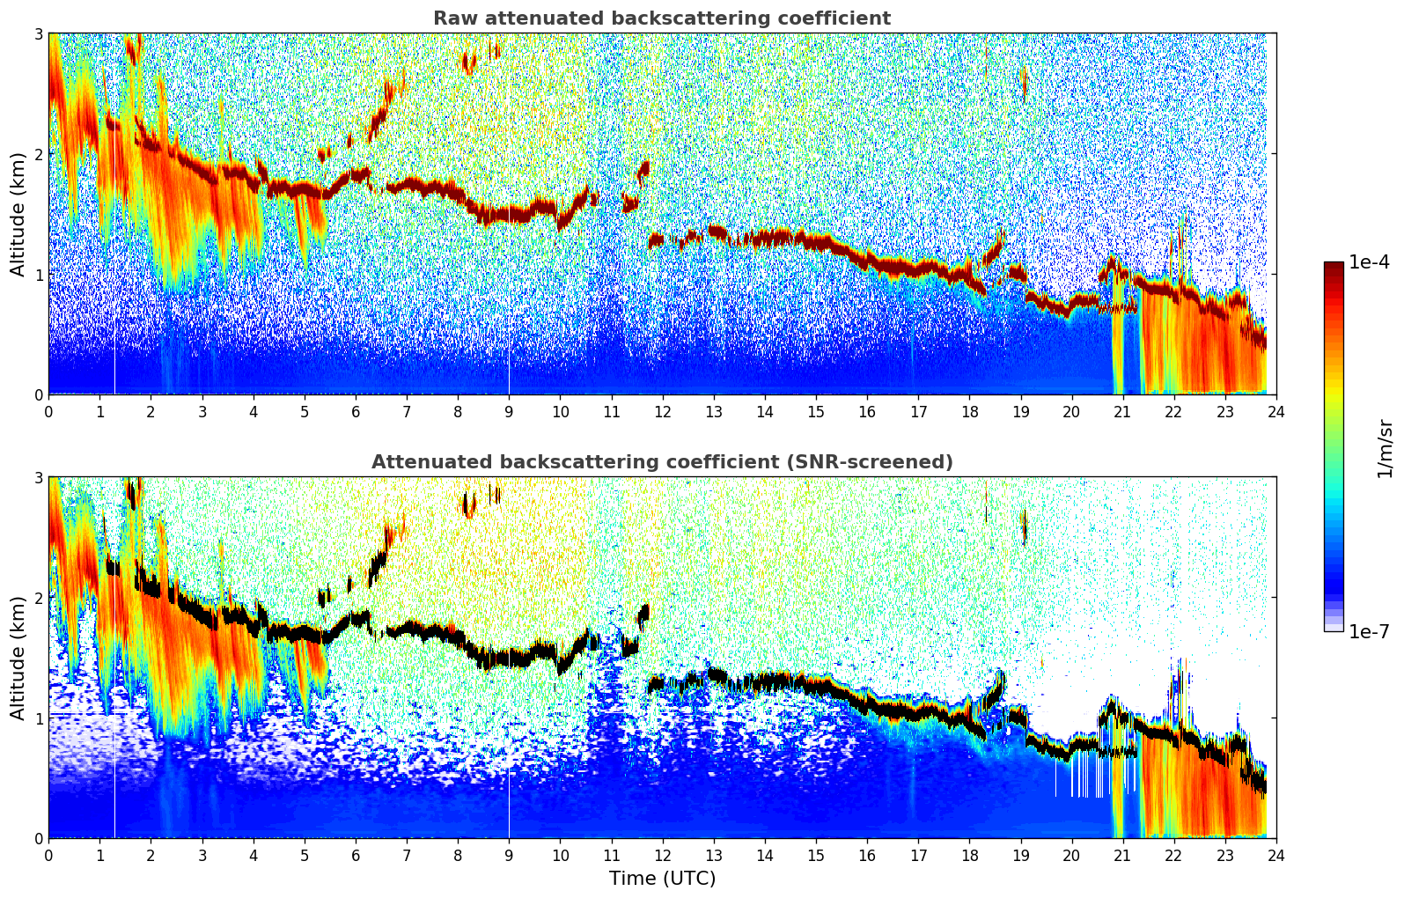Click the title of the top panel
tap(662, 18)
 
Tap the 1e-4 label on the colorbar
tap(1369, 262)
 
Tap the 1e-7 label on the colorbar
tap(1369, 631)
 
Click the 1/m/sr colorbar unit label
tap(1385, 450)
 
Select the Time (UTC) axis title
tap(662, 879)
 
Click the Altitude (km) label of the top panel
tap(18, 215)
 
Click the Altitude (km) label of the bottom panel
tap(18, 659)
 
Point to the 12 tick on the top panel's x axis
tap(663, 412)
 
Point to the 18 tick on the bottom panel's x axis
tap(970, 856)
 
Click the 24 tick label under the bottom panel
tap(1276, 856)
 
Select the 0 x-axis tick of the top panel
tap(49, 412)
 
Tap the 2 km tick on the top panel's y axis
tap(39, 154)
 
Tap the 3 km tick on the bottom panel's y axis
tap(39, 478)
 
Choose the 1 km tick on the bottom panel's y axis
tap(39, 718)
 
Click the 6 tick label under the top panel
tap(356, 412)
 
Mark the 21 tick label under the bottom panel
tap(1122, 856)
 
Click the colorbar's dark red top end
tap(1334, 265)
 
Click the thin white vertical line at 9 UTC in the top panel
tap(509, 301)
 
